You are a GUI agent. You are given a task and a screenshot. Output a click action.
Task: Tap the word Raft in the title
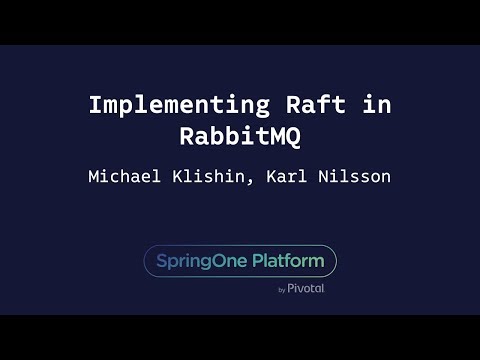pyautogui.click(x=289, y=105)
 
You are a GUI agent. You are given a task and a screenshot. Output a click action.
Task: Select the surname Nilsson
pyautogui.click(x=355, y=177)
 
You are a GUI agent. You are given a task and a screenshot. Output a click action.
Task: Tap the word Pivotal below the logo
pyautogui.click(x=306, y=289)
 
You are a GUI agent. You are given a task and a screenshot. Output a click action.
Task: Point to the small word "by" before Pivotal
pyautogui.click(x=282, y=290)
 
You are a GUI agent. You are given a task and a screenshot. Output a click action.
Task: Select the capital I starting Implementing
pyautogui.click(x=95, y=105)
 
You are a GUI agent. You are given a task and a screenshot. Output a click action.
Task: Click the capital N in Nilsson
pyautogui.click(x=324, y=177)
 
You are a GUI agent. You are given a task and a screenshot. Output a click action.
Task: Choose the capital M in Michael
pyautogui.click(x=94, y=177)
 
